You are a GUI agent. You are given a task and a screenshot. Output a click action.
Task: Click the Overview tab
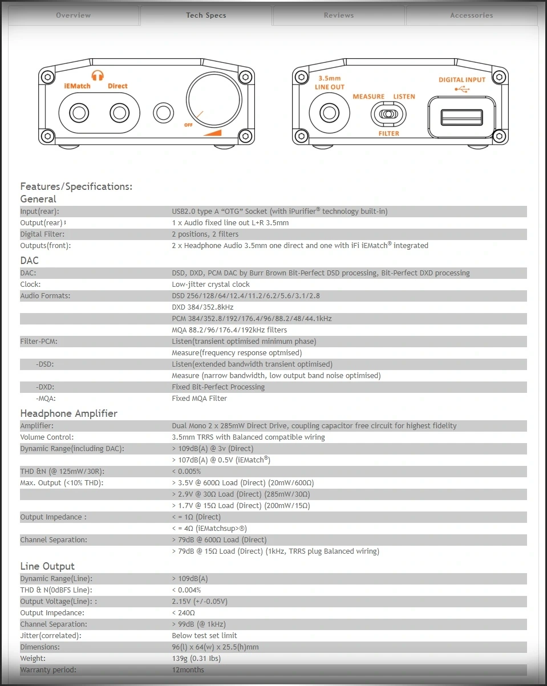pos(73,15)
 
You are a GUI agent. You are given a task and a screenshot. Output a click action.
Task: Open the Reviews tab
pos(339,15)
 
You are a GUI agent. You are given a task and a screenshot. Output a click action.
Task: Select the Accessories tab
pos(471,15)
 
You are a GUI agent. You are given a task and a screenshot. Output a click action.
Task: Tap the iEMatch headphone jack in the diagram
pos(76,113)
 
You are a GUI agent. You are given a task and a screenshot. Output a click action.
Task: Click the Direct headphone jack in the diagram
pos(119,113)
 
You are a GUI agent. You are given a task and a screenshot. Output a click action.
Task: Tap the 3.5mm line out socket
pos(329,112)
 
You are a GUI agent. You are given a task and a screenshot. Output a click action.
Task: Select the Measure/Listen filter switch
pos(388,114)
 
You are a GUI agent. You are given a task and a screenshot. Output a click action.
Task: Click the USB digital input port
pos(461,117)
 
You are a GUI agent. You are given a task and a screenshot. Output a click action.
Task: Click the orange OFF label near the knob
pos(189,124)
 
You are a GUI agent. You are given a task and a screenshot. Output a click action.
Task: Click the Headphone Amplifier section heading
pos(68,413)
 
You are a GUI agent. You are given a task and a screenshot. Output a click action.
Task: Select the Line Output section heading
pos(47,566)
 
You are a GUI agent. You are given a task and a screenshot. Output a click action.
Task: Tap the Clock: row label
pos(30,285)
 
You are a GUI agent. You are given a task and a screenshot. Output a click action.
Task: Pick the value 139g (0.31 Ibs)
pos(196,659)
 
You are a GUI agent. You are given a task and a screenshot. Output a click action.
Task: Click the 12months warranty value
pos(188,670)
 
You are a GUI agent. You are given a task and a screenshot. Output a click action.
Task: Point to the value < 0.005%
pos(186,472)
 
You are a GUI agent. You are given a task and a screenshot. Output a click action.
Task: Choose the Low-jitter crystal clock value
pos(210,285)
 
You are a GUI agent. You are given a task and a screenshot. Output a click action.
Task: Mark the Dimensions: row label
pos(40,647)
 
